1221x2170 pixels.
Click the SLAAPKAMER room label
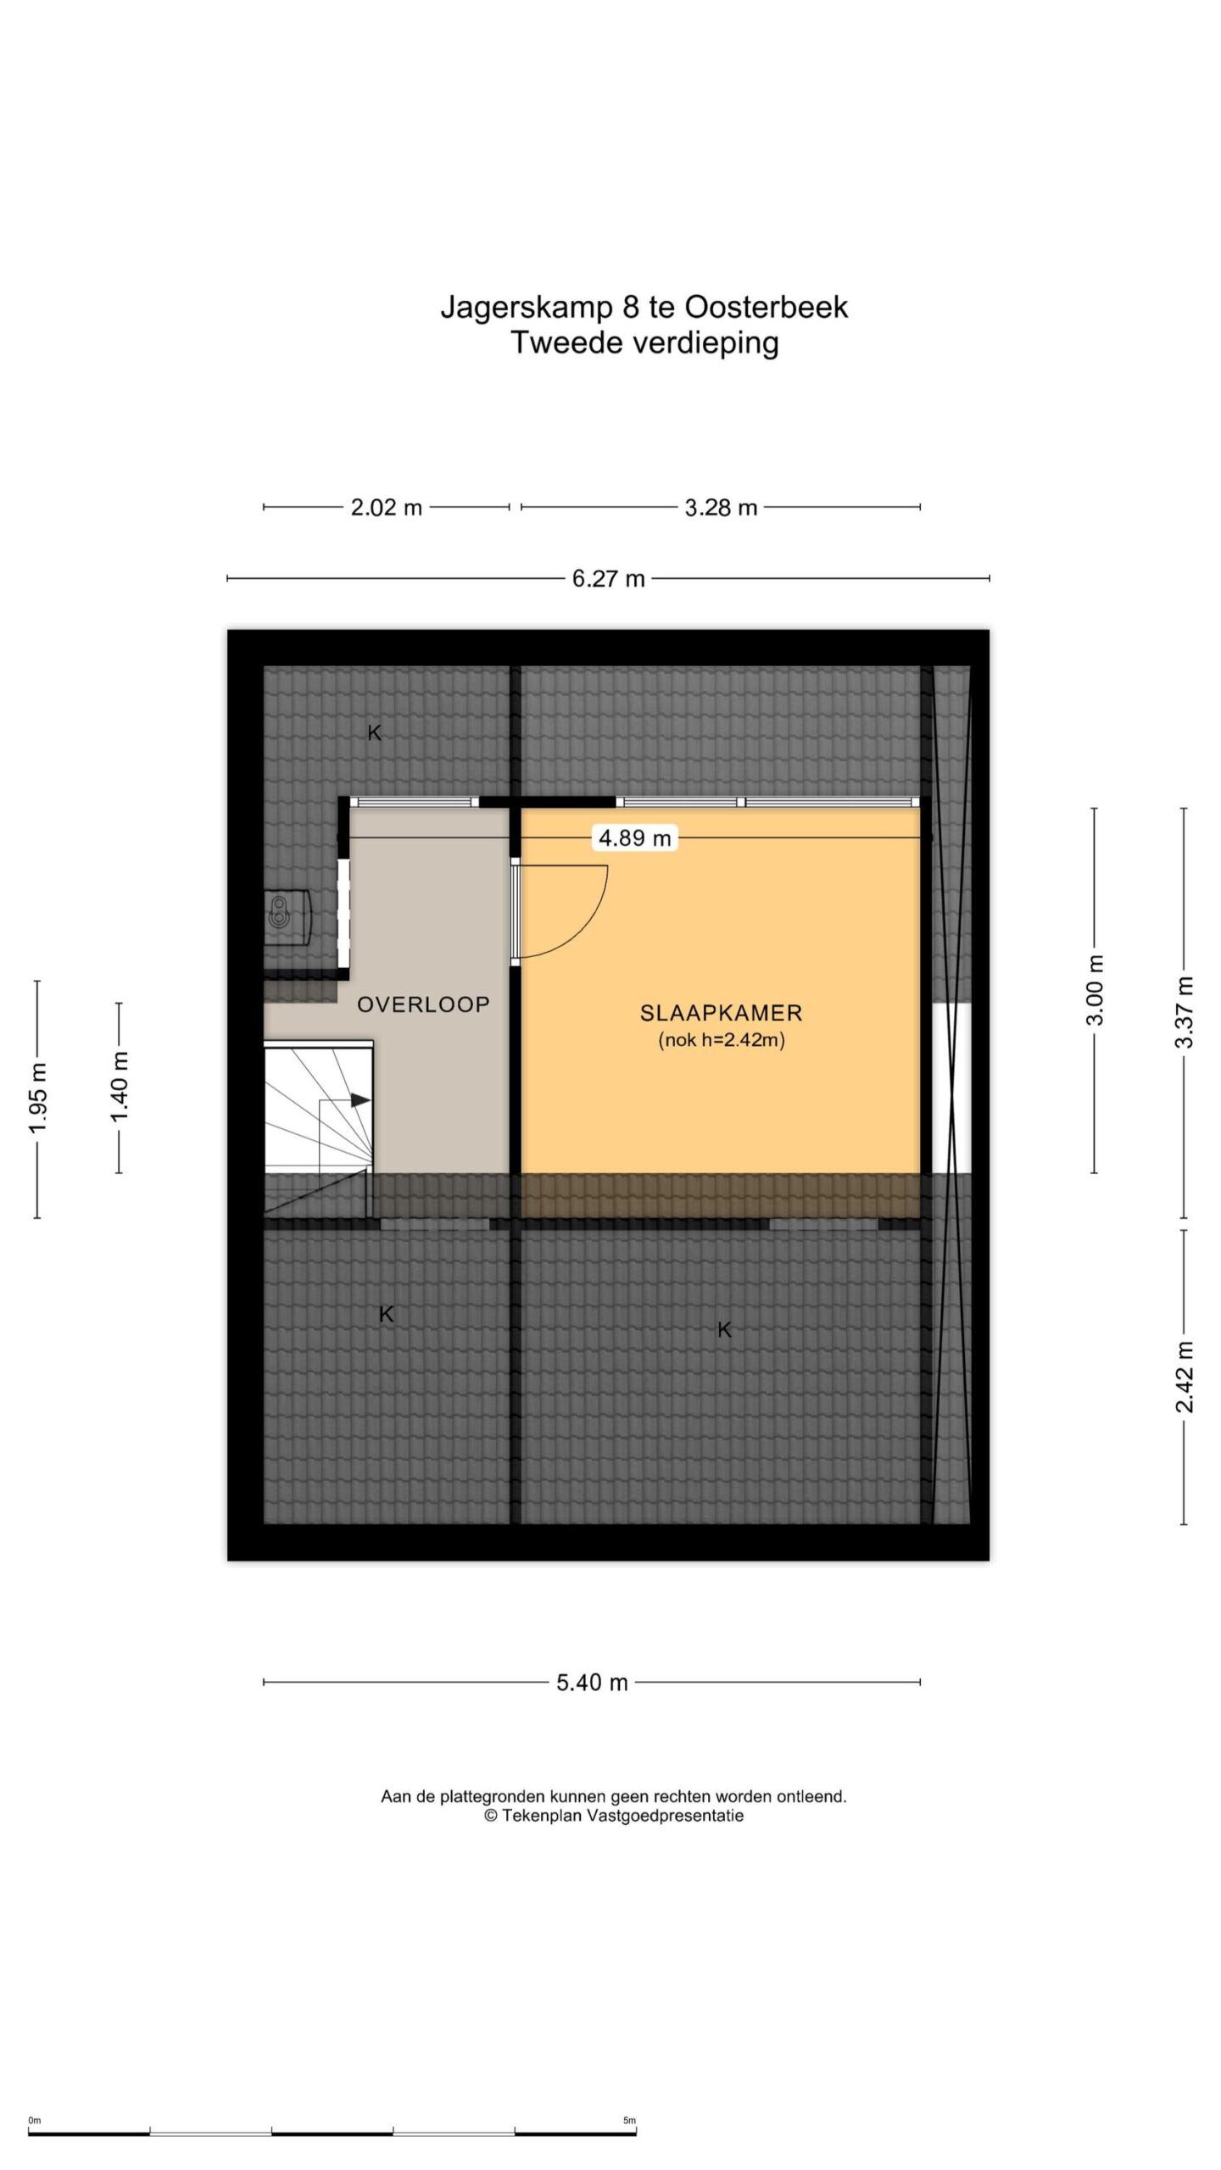[x=721, y=1013]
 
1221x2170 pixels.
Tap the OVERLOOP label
[x=423, y=1004]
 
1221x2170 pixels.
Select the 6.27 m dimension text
[x=608, y=579]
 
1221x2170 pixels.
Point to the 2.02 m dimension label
[x=387, y=508]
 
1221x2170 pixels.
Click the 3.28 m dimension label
[x=721, y=508]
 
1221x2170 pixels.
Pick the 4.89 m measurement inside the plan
[x=634, y=838]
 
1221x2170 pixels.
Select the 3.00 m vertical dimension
[x=1095, y=990]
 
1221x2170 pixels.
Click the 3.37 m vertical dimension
[x=1184, y=1012]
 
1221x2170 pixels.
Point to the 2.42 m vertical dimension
[x=1184, y=1377]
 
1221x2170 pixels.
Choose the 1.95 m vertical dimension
[x=37, y=1098]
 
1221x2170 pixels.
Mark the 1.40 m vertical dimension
[x=119, y=1087]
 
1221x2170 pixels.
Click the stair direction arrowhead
[x=360, y=1099]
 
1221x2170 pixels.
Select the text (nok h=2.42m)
[x=722, y=1040]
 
